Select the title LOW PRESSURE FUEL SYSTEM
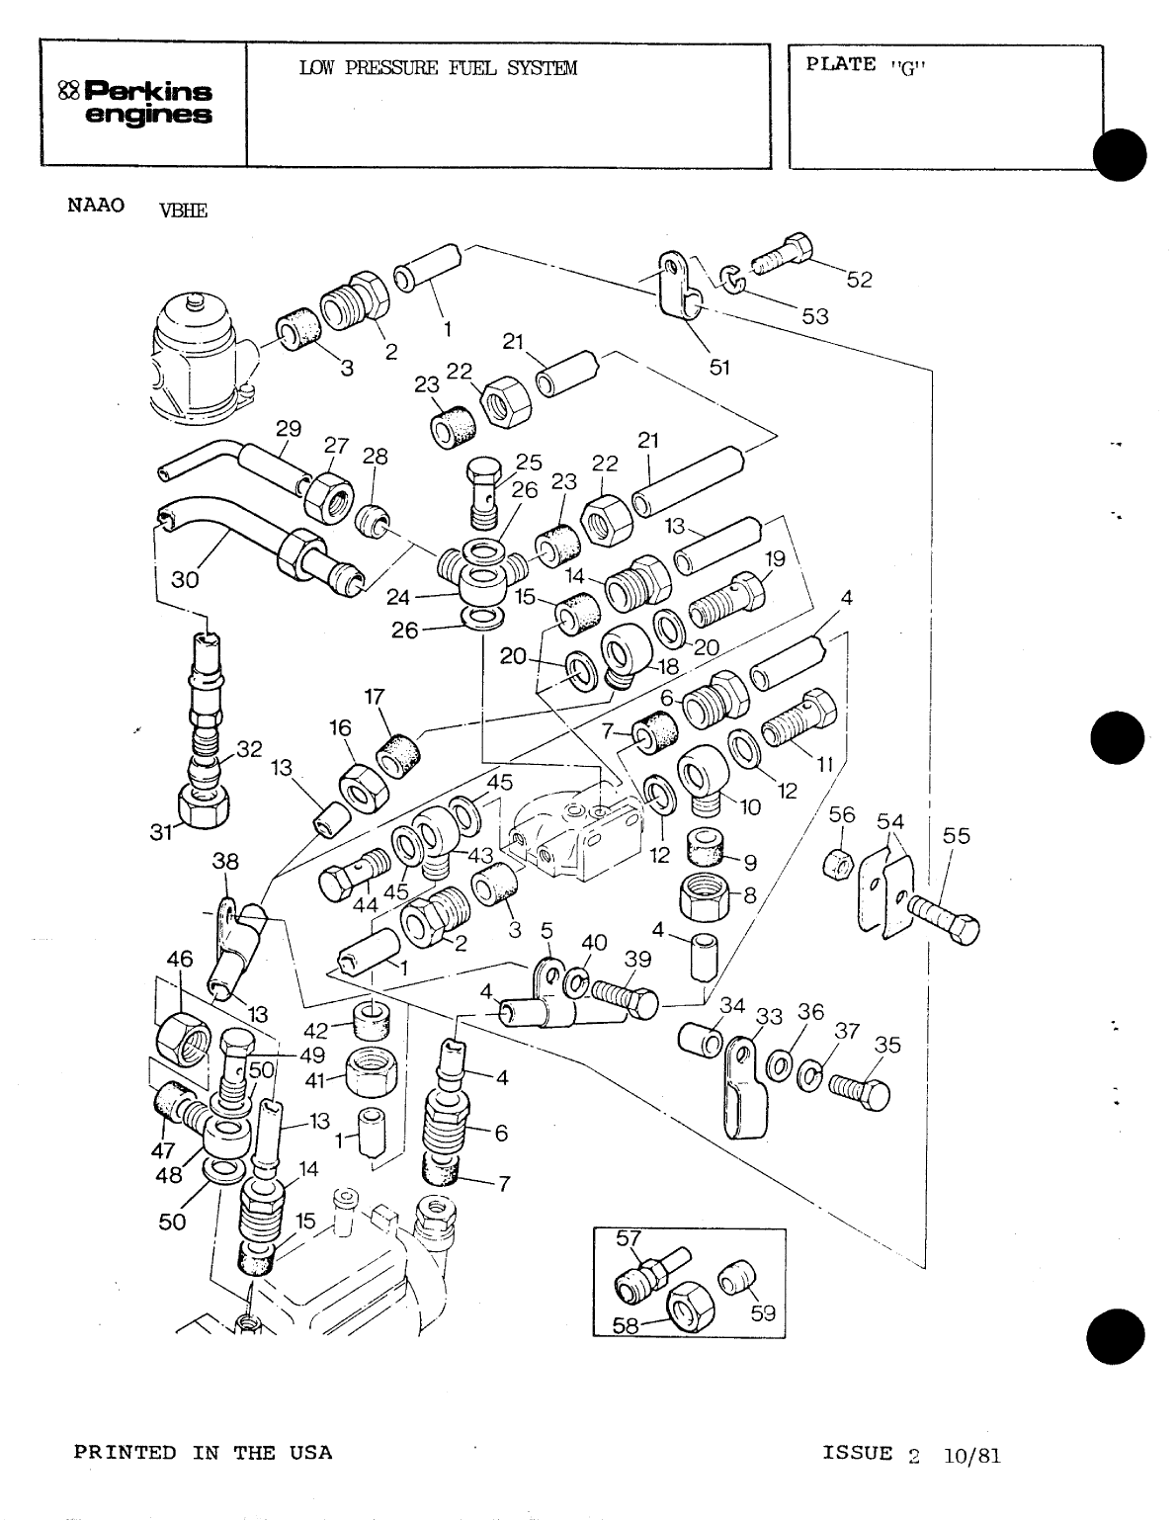437,68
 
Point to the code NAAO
96,206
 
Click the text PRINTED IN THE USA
204,1453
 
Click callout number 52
859,280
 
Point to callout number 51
719,367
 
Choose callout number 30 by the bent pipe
185,580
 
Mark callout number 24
399,597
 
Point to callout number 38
225,861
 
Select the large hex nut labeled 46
183,1039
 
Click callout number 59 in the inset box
762,1313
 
